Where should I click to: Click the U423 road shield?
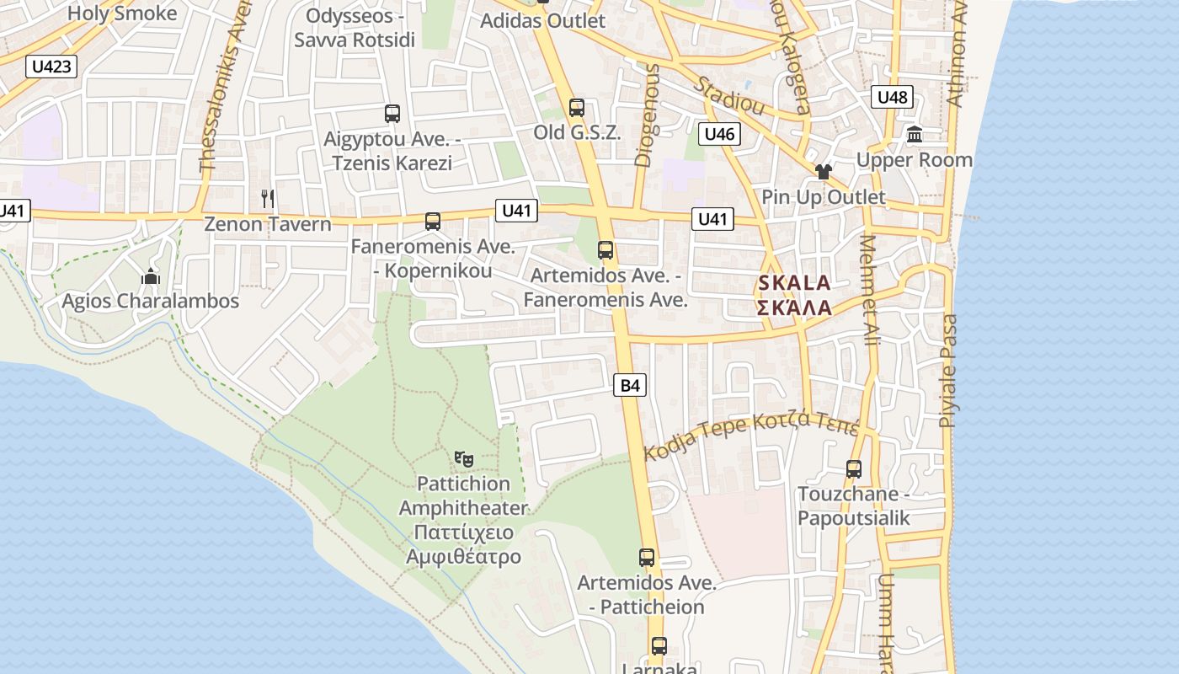pyautogui.click(x=52, y=67)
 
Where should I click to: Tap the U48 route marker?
pyautogui.click(x=892, y=97)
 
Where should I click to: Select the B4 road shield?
pyautogui.click(x=630, y=386)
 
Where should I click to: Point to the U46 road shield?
pyautogui.click(x=719, y=133)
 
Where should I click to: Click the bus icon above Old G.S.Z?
pyautogui.click(x=577, y=108)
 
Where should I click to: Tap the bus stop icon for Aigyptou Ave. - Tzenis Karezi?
pyautogui.click(x=392, y=114)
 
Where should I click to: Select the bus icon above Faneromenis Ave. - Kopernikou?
pyautogui.click(x=433, y=222)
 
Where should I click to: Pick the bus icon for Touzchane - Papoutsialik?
pyautogui.click(x=854, y=469)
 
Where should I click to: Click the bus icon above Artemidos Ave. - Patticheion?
pyautogui.click(x=647, y=558)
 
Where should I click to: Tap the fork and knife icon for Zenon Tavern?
pyautogui.click(x=268, y=199)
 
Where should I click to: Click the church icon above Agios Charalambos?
pyautogui.click(x=151, y=276)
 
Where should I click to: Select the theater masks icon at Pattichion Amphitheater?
pyautogui.click(x=463, y=459)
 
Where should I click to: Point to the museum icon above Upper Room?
pyautogui.click(x=915, y=134)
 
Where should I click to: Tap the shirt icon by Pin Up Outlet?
pyautogui.click(x=824, y=172)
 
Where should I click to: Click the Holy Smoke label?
pyautogui.click(x=122, y=13)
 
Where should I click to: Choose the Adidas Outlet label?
pyautogui.click(x=542, y=21)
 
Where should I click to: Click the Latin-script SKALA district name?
pyautogui.click(x=794, y=283)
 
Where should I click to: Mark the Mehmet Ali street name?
pyautogui.click(x=868, y=290)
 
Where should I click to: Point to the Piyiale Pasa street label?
pyautogui.click(x=949, y=371)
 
